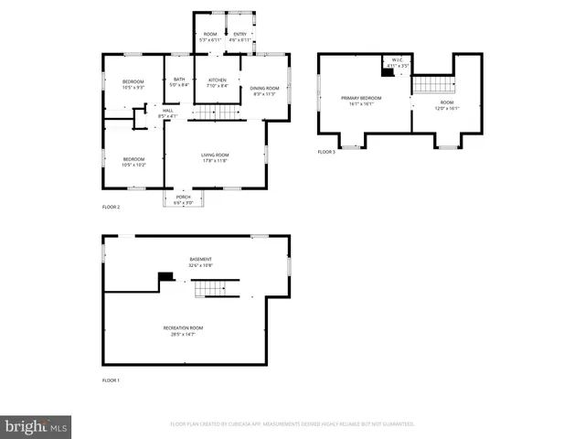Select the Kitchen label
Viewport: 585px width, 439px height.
(217, 82)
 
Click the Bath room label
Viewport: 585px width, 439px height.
(179, 82)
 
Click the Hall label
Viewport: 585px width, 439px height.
(167, 112)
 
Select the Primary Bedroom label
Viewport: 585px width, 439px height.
(361, 101)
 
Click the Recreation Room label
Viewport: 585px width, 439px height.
(184, 330)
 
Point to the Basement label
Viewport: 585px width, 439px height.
(200, 262)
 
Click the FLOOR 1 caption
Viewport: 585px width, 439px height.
(111, 380)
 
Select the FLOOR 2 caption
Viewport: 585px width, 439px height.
(111, 208)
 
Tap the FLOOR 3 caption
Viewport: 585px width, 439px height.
(326, 152)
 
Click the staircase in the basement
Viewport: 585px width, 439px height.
(212, 289)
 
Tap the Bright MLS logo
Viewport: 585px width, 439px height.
(37, 426)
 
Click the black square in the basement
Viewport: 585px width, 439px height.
(165, 277)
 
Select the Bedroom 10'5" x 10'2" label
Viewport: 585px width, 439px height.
(133, 162)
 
